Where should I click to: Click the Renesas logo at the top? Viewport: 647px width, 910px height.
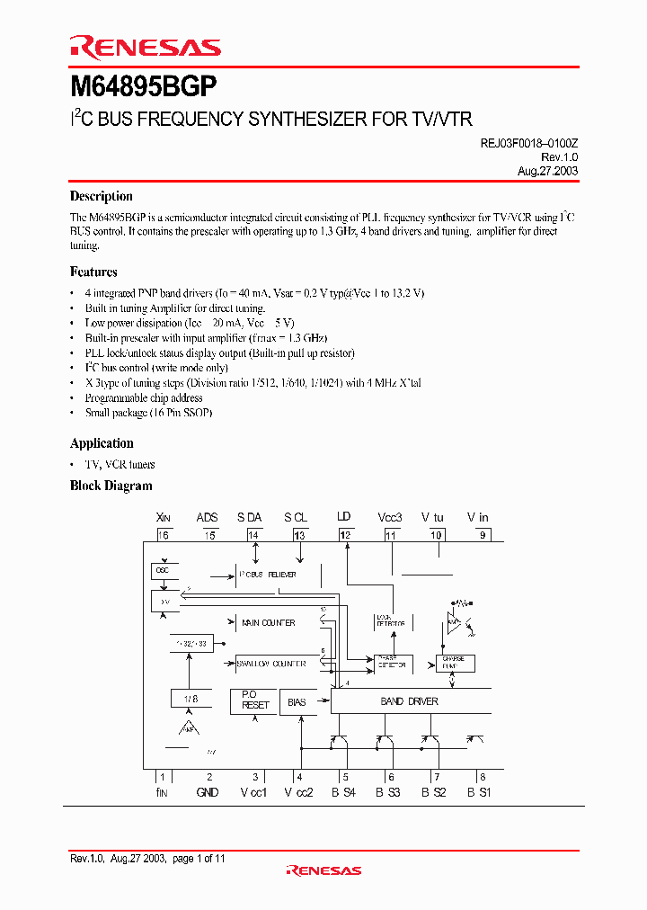coord(145,48)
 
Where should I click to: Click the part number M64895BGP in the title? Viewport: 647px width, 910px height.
coord(143,87)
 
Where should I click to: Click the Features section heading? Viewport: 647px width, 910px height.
coord(93,272)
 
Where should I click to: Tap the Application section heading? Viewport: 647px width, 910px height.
coord(102,443)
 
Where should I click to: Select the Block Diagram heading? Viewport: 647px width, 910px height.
coord(111,486)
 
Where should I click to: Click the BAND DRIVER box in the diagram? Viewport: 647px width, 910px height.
coord(410,701)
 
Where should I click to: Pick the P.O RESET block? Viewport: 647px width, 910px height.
coord(255,700)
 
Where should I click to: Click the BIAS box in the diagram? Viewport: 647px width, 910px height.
coord(297,701)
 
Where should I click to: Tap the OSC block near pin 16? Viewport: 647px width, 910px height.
coord(162,570)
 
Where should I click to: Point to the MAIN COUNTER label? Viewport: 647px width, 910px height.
coord(267,622)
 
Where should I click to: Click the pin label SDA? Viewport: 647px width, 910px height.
coord(250,518)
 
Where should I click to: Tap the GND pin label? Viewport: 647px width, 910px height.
coord(207,792)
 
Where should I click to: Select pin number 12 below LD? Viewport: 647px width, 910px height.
coord(345,535)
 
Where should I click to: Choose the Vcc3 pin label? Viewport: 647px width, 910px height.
coord(390,518)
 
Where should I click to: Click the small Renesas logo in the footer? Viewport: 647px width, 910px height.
coord(323,870)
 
